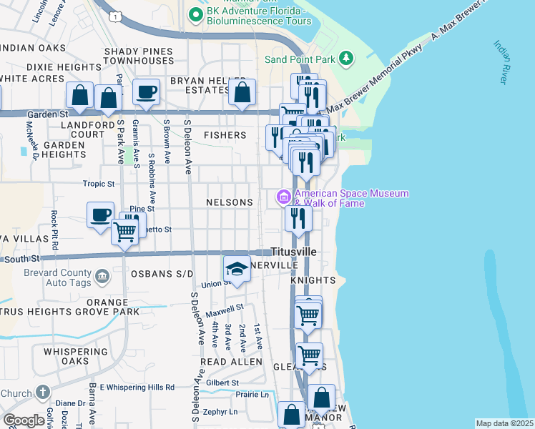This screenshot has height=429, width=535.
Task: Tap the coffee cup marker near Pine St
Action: coord(100,214)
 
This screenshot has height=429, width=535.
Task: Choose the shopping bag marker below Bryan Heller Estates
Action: coord(242,93)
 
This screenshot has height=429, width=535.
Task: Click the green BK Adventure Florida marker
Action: coord(194,14)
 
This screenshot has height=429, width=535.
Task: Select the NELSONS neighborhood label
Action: coord(230,202)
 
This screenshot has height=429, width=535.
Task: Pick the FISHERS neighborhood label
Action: coord(225,134)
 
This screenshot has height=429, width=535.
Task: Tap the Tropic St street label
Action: coord(99,184)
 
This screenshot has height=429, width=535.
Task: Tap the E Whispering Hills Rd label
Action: coord(137,387)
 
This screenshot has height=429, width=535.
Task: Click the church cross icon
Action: coord(43,393)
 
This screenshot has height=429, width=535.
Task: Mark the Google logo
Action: coord(24,421)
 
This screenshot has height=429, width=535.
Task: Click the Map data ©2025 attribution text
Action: coord(504,423)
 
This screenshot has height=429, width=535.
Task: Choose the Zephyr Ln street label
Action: coord(219,412)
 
